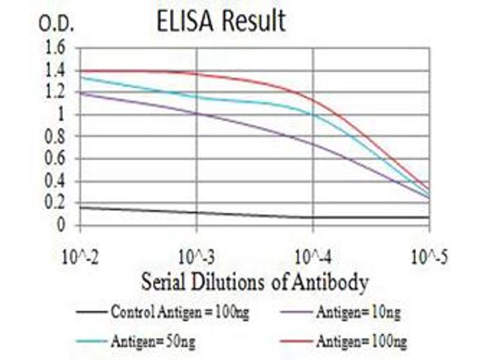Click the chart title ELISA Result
221,22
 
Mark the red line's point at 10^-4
313,100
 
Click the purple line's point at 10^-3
197,113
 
